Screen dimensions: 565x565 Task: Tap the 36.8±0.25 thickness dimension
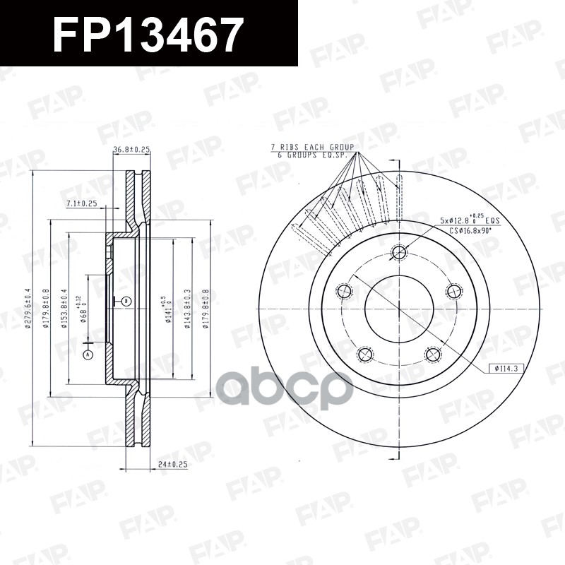click(131, 149)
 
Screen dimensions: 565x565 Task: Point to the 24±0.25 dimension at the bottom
click(172, 464)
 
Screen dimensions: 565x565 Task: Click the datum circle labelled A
click(88, 355)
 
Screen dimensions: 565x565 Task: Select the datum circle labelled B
click(126, 302)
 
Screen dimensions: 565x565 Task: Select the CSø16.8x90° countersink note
click(474, 230)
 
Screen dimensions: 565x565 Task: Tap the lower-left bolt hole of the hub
click(365, 354)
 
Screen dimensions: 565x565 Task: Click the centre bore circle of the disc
click(399, 308)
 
